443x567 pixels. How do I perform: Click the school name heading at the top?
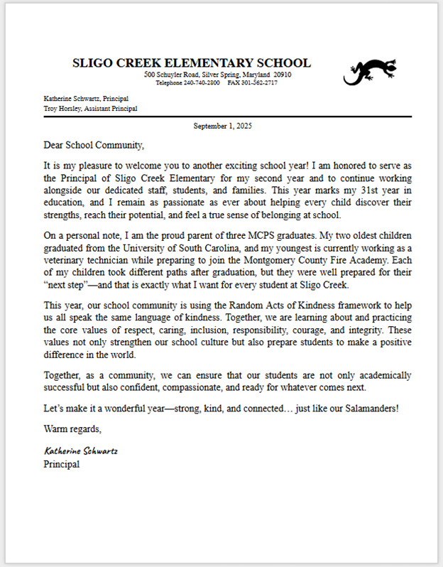191,63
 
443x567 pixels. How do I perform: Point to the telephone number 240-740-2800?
199,83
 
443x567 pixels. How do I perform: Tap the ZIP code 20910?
283,75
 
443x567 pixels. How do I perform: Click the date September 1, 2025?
222,126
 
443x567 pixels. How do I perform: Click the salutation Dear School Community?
94,146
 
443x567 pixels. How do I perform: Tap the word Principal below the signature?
62,464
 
